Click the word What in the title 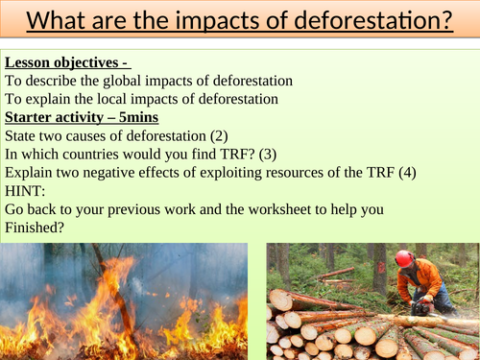pyautogui.click(x=53, y=19)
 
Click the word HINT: pyautogui.click(x=25, y=190)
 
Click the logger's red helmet pyautogui.click(x=404, y=258)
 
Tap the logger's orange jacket pyautogui.click(x=429, y=278)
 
